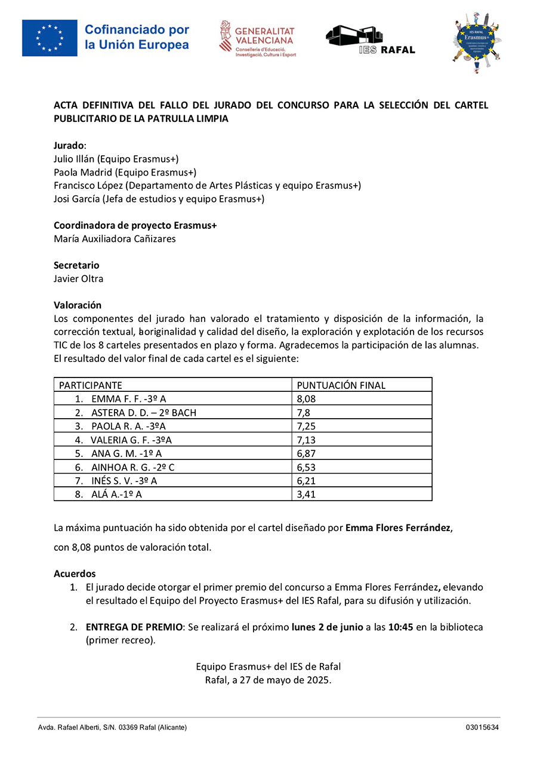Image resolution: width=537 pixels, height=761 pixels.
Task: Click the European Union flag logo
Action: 50,38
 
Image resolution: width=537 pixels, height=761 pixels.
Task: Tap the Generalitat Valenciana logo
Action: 258,39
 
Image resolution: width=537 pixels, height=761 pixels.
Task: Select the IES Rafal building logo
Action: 370,39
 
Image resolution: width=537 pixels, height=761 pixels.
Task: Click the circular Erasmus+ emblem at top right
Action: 476,42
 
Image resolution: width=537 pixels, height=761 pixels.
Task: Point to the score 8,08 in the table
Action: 306,399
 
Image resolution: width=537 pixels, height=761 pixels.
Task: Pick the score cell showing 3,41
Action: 306,494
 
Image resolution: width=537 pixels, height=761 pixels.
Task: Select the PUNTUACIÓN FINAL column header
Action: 341,385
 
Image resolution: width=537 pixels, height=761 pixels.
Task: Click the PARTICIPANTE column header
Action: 90,385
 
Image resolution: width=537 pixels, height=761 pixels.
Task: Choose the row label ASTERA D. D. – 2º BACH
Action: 143,412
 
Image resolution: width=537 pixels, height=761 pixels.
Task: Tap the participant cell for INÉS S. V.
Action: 124,480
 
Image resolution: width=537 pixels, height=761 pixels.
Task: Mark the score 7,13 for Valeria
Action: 306,440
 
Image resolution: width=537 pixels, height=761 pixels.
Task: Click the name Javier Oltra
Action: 78,278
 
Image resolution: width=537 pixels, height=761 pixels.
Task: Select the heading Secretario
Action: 76,265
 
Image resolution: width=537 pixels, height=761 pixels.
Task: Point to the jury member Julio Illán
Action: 74,159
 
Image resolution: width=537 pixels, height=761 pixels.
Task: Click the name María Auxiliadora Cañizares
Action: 115,239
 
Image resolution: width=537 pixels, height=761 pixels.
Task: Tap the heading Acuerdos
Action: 75,573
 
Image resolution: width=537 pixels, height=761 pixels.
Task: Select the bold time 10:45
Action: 401,627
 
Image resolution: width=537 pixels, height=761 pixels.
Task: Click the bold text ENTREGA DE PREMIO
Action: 134,627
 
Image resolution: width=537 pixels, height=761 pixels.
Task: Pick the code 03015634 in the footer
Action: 482,728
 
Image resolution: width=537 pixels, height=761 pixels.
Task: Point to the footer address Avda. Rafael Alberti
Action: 72,728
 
